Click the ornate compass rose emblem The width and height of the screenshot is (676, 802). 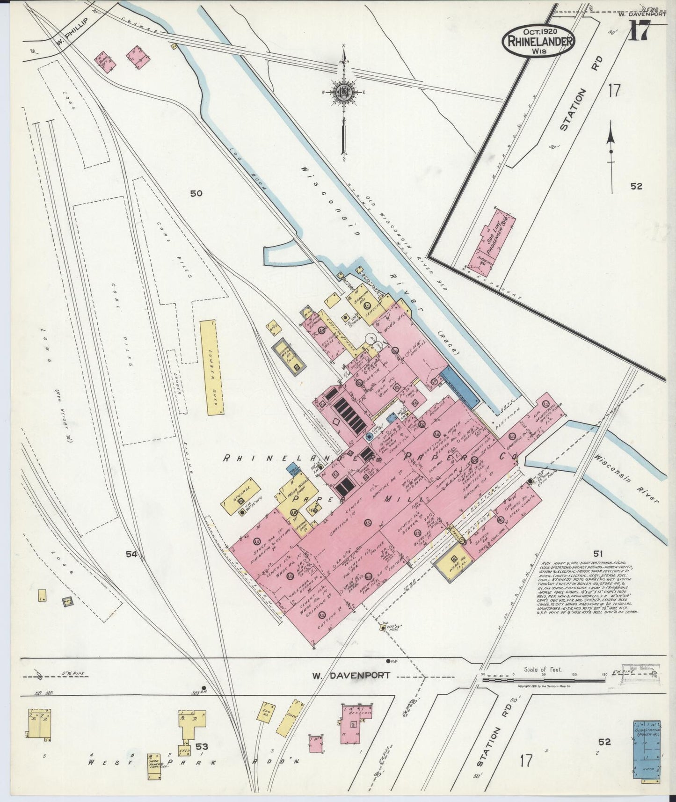[344, 91]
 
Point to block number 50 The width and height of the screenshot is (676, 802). [196, 193]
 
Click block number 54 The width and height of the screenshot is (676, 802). [131, 554]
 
